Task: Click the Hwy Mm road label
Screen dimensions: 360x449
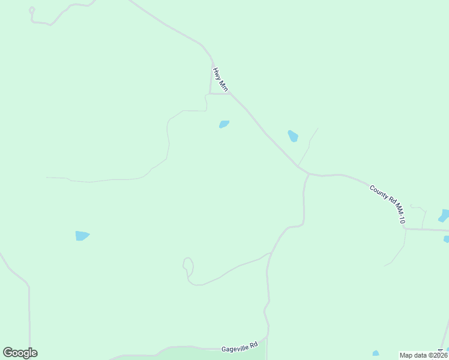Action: tap(220, 79)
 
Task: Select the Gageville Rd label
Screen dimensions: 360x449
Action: tap(240, 346)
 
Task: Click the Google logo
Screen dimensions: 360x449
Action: tap(20, 353)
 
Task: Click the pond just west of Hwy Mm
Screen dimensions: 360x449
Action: tap(224, 124)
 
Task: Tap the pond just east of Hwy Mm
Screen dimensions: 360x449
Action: tap(293, 136)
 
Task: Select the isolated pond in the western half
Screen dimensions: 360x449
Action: tap(82, 235)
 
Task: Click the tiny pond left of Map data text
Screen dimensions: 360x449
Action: tap(376, 353)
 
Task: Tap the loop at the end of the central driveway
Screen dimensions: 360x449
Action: tap(188, 265)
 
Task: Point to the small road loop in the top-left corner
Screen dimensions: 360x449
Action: tap(32, 10)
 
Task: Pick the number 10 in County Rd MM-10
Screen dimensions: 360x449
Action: tap(402, 220)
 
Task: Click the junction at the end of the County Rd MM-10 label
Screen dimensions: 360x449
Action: tap(404, 228)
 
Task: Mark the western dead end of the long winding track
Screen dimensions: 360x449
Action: tap(47, 177)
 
